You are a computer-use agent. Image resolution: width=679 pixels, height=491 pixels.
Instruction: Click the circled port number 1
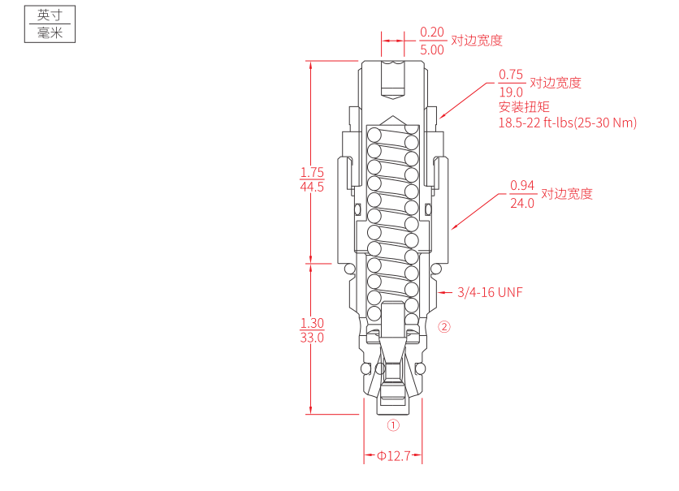coord(393,424)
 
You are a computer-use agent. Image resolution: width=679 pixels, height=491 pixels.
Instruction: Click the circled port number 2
coord(443,328)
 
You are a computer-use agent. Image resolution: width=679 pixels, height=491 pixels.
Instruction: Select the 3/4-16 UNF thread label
coord(490,292)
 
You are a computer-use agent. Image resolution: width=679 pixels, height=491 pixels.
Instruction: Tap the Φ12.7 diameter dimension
coord(394,456)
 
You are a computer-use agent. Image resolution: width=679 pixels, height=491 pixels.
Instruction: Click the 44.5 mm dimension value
coord(312,187)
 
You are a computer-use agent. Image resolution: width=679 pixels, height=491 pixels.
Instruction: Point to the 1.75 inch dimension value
coord(312,172)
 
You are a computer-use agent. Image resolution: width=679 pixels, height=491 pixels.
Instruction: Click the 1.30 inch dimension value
coord(312,323)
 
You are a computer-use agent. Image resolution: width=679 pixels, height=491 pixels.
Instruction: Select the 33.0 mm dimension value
coord(312,338)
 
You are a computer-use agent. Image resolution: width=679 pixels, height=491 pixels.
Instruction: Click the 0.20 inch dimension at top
coord(432,32)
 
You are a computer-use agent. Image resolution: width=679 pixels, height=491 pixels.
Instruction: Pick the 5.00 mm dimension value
coord(432,49)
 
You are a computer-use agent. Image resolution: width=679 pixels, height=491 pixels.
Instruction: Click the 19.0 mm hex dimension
coord(511,92)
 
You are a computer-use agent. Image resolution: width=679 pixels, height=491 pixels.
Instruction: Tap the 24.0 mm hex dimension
coord(522,203)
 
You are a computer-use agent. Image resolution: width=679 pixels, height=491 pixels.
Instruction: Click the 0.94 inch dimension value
coord(522,186)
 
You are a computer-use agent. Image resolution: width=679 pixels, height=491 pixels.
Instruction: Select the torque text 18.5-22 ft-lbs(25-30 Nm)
coord(567,123)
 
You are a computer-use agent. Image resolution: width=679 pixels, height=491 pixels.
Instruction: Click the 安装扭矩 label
coord(524,107)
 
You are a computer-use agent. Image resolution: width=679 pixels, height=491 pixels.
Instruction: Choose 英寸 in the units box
coord(50,15)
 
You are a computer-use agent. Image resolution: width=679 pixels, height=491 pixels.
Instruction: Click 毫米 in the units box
coord(50,33)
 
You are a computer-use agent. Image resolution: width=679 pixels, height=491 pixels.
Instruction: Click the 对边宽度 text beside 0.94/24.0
coord(567,194)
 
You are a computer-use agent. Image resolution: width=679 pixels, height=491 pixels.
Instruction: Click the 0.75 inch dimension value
coord(511,75)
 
